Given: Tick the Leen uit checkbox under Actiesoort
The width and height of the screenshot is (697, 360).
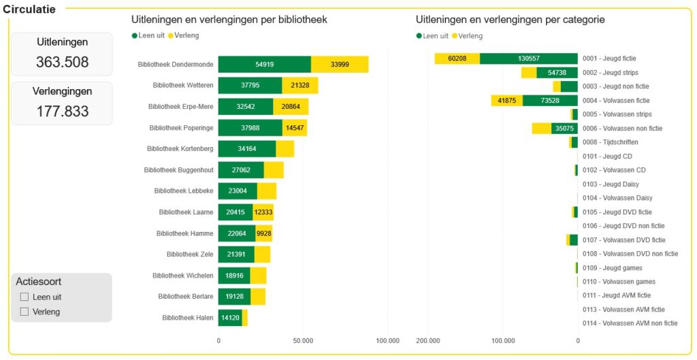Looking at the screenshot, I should click(x=25, y=297).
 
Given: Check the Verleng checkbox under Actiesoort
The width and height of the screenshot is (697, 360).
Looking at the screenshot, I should click(x=25, y=312).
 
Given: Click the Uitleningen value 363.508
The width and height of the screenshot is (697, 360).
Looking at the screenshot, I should click(x=62, y=62).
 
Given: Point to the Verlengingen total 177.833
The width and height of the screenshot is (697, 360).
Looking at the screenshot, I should click(x=62, y=111).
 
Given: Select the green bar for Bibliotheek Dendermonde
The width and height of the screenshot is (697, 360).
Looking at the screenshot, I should click(x=264, y=65).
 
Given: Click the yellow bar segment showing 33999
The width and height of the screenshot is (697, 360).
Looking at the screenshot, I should click(x=340, y=65).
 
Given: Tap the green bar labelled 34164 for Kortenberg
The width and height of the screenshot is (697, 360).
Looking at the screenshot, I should click(x=246, y=148).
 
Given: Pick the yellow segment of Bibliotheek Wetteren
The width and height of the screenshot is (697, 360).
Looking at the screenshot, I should click(x=299, y=85).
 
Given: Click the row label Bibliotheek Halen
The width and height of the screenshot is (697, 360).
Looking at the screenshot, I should click(x=187, y=318).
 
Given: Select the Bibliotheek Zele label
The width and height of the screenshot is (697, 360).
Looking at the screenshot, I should click(x=190, y=255).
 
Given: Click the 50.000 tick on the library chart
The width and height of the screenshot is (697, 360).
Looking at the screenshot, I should click(x=303, y=341).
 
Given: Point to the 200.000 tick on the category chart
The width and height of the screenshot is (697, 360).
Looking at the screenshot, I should click(x=428, y=341).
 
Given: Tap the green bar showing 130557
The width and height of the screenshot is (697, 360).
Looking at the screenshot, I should click(x=528, y=59).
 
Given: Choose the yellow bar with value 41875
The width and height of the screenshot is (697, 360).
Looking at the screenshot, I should click(x=506, y=101).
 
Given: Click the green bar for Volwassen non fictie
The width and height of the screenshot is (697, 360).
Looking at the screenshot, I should click(x=564, y=129).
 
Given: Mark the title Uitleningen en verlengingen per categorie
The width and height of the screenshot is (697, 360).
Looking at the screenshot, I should click(x=510, y=20).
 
